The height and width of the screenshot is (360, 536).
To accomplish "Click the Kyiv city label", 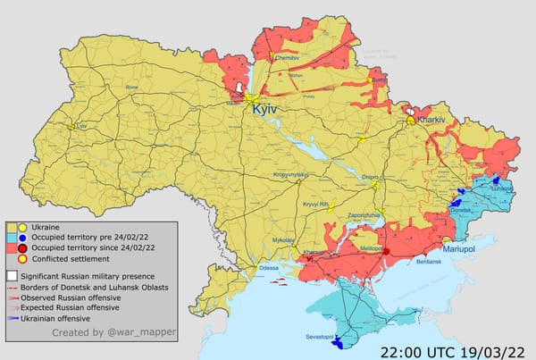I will coord(265,107).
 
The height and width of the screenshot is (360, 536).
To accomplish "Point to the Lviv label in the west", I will coord(83,126).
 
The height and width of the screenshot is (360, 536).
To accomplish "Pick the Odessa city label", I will coord(269,268).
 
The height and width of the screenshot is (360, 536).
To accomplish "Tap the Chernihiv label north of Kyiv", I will coord(288,57).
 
